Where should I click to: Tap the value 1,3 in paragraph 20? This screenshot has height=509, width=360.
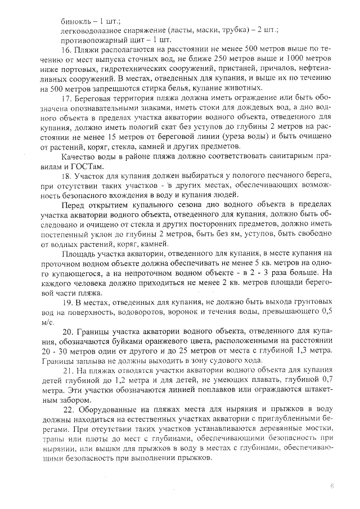pyautogui.click(x=292, y=352)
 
